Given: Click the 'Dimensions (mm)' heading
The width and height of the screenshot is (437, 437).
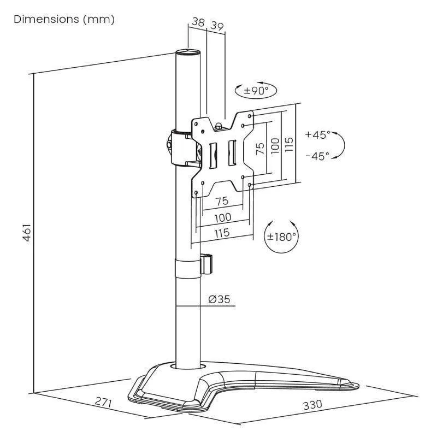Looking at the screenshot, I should (x=64, y=20).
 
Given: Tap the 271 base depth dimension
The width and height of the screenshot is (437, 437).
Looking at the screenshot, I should (x=103, y=404).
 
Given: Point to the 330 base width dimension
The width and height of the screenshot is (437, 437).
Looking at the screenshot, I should (x=312, y=405).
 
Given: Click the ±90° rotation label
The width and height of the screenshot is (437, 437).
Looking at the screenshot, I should (x=255, y=91).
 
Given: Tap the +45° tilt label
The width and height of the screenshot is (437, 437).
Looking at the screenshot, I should (x=318, y=134).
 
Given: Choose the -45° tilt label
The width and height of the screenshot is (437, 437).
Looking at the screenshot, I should (x=318, y=156).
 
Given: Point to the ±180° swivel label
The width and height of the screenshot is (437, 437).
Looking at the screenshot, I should (x=281, y=237).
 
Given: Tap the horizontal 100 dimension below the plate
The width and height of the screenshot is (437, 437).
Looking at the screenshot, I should (x=222, y=217).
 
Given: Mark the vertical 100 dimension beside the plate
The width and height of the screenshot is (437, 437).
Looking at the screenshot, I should (x=274, y=145).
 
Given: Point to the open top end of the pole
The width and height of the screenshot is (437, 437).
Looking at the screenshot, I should (x=187, y=54).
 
